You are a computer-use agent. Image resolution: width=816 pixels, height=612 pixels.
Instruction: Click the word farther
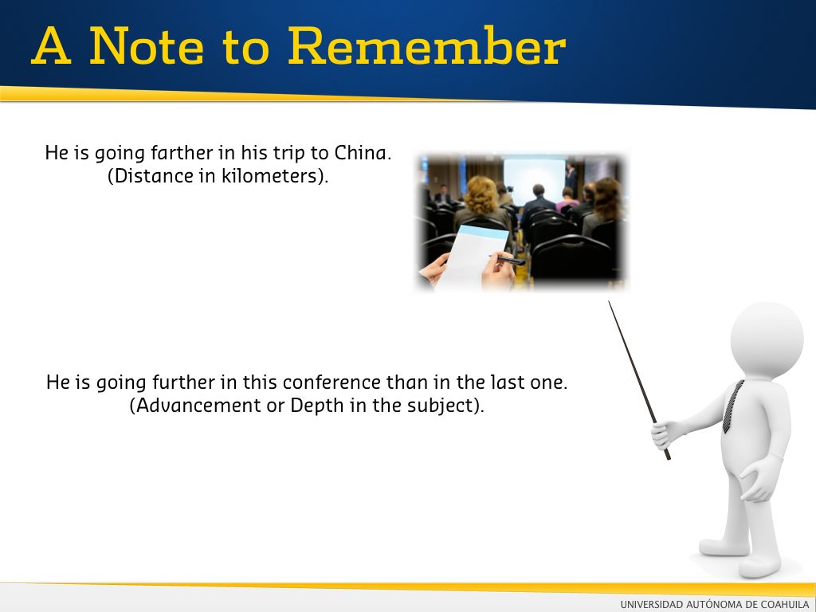coord(182,153)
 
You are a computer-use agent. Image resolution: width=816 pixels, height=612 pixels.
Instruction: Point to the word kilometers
coord(269,175)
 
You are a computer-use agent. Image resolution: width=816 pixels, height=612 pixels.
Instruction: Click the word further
coord(184,382)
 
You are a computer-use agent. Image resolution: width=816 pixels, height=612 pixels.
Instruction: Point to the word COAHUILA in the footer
coord(785,604)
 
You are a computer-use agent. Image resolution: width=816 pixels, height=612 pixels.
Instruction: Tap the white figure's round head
coord(767,339)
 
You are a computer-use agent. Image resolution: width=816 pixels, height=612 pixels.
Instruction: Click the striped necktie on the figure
coord(733,406)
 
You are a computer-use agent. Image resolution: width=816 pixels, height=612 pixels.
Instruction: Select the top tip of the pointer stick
coord(610,301)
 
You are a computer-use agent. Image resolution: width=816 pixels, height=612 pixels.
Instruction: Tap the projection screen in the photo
coord(534,180)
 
